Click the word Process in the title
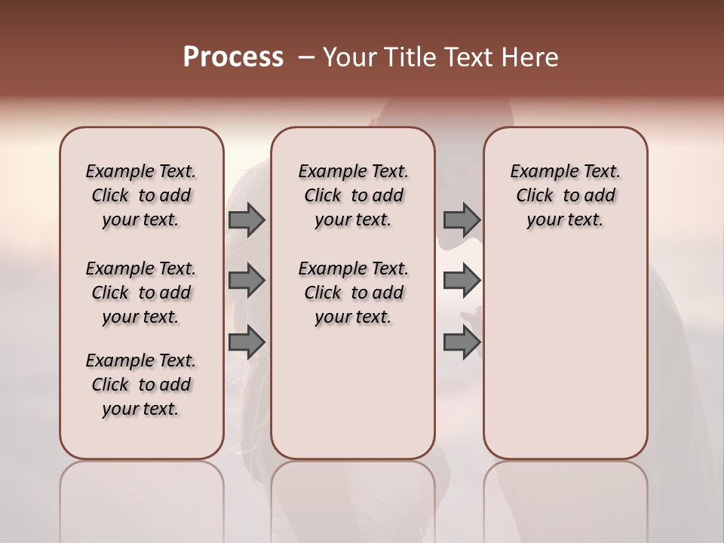click(233, 57)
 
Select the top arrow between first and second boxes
click(247, 219)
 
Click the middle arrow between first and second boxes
click(247, 281)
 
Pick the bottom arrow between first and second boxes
click(247, 342)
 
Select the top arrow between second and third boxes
click(462, 219)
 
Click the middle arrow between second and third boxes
click(462, 281)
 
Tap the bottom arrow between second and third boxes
click(462, 342)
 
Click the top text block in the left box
click(141, 195)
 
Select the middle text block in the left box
click(141, 293)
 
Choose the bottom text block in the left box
click(141, 385)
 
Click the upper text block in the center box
click(353, 195)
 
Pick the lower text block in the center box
click(353, 293)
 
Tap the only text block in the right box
click(565, 195)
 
